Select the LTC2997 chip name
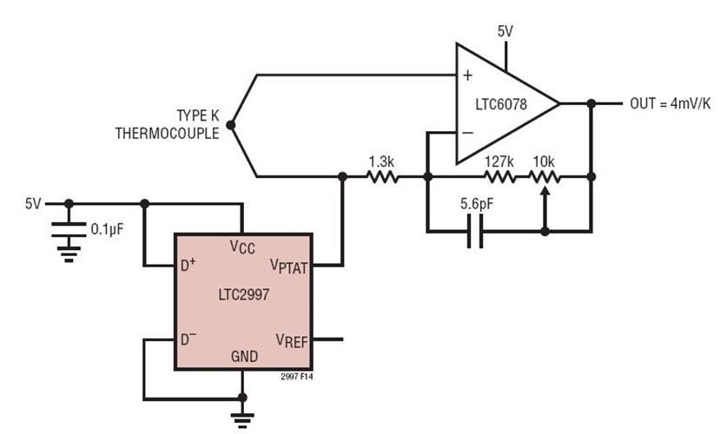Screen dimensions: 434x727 (x=241, y=294)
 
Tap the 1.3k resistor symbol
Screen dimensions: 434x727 (x=382, y=176)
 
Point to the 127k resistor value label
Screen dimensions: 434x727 (x=499, y=161)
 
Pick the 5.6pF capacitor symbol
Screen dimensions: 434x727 (x=475, y=232)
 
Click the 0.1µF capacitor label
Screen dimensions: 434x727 (x=109, y=229)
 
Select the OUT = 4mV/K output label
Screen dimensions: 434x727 (x=670, y=103)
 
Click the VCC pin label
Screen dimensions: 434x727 (x=242, y=248)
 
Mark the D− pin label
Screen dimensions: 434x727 (x=188, y=338)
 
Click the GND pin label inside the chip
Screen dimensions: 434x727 (x=243, y=356)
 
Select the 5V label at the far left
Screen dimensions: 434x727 (x=33, y=205)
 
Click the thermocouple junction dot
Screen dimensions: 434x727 (x=229, y=125)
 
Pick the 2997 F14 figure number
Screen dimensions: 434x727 (x=295, y=378)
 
